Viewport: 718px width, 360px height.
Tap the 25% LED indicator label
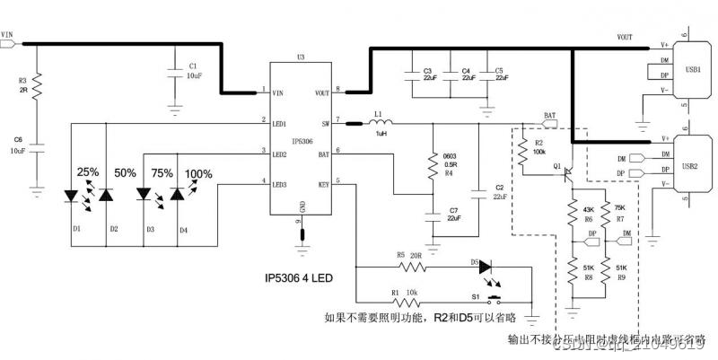(x=87, y=171)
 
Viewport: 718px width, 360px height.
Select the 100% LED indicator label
(x=199, y=173)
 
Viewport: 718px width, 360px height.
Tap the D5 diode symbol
(x=486, y=267)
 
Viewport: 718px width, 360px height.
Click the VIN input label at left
(x=8, y=36)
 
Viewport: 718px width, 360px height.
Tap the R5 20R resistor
(x=411, y=268)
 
